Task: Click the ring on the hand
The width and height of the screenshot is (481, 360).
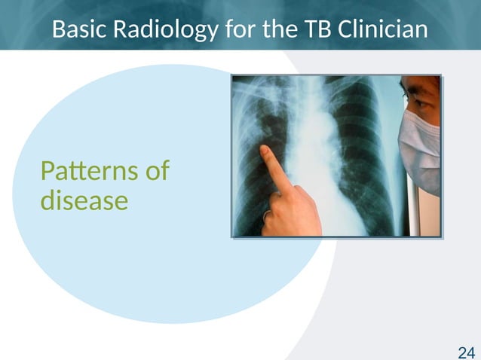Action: point(267,215)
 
